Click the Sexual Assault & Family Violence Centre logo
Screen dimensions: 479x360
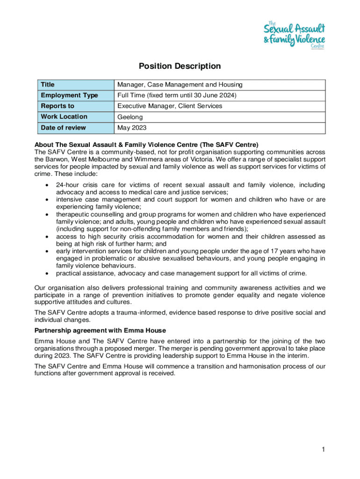pyautogui.click(x=294, y=34)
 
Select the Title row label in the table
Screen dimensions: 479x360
pyautogui.click(x=48, y=85)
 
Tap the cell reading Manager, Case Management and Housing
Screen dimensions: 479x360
pyautogui.click(x=180, y=85)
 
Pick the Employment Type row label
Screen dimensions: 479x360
pyautogui.click(x=69, y=95)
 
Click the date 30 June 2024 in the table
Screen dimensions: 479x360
pyautogui.click(x=217, y=95)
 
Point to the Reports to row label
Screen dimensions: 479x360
pyautogui.click(x=58, y=106)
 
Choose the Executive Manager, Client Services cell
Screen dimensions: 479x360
pyautogui.click(x=170, y=106)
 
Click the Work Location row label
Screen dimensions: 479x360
pyautogui.click(x=64, y=117)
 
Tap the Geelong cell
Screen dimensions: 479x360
pyautogui.click(x=130, y=117)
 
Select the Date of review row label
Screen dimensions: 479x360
pyautogui.click(x=63, y=128)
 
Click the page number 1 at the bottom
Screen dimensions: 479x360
pyautogui.click(x=323, y=450)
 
